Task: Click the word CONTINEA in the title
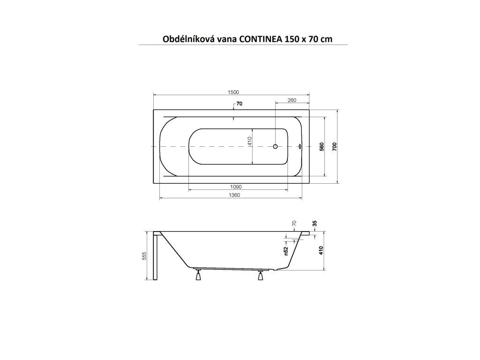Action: click(261, 39)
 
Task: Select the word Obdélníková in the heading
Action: click(188, 39)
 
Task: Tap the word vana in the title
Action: click(226, 39)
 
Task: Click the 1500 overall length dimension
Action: click(233, 92)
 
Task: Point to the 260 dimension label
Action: click(292, 100)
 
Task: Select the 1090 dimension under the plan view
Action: click(236, 187)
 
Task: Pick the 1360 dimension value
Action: click(234, 195)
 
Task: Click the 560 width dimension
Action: click(322, 147)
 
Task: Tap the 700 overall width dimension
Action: click(335, 147)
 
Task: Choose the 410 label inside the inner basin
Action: click(249, 141)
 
